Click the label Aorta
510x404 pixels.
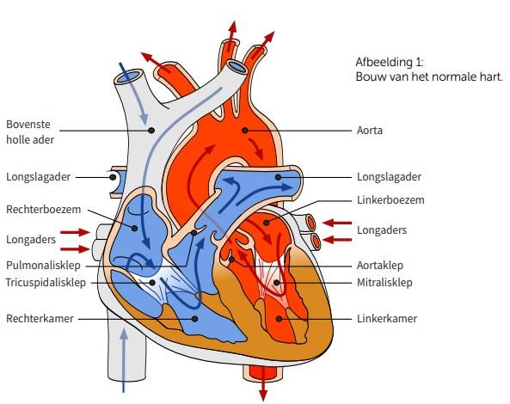pos(369,131)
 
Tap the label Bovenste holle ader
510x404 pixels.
pos(30,132)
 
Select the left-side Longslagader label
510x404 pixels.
pos(38,177)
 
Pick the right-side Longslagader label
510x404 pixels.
pos(389,177)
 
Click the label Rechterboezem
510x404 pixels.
pos(43,210)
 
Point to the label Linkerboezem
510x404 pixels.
pos(390,200)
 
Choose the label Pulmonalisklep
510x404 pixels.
pos(43,266)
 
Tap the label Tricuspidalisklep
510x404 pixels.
pos(46,283)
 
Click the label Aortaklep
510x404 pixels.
pos(380,266)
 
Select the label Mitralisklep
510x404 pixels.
pos(384,283)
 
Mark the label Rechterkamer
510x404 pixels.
pos(40,319)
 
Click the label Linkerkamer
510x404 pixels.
pos(387,319)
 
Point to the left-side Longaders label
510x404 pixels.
pos(31,240)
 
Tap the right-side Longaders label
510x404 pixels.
pos(382,230)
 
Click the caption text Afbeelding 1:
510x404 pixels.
pos(390,62)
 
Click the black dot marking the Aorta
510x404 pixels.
pos(245,131)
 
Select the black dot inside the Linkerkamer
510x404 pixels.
pos(279,319)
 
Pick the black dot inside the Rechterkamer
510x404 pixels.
pos(195,319)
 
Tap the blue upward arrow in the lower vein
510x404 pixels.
pos(123,360)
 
